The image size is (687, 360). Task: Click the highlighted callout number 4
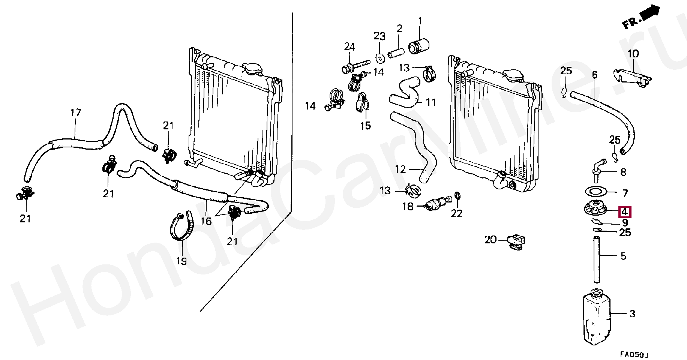point(624,212)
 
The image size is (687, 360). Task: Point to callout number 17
point(75,112)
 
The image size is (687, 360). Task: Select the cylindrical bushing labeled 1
point(418,46)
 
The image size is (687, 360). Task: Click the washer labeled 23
point(379,58)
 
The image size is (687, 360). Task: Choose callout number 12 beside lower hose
point(400,169)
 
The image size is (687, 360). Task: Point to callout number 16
point(206,221)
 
